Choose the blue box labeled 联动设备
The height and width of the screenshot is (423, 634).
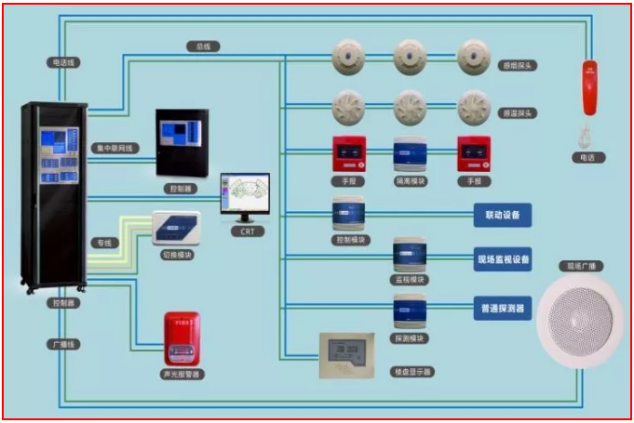[503, 215]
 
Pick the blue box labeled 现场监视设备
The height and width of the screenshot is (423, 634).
[503, 259]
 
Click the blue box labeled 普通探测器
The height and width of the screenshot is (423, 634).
[503, 307]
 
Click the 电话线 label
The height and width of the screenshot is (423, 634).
[63, 62]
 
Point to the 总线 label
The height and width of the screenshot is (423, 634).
[202, 46]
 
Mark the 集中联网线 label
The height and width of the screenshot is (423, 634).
[116, 148]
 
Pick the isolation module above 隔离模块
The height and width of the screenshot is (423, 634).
[410, 154]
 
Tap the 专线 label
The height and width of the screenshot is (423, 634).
[104, 243]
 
